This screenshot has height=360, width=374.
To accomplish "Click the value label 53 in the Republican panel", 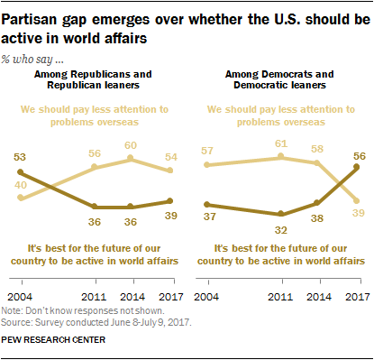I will tap(19, 157).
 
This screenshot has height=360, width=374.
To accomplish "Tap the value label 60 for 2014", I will tap(130, 144).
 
